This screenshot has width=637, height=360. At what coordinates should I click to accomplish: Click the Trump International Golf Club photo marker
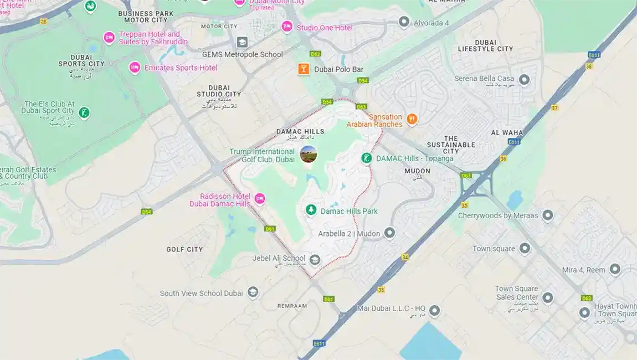click(x=309, y=155)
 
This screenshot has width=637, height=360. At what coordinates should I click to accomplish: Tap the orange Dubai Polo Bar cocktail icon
click(x=303, y=69)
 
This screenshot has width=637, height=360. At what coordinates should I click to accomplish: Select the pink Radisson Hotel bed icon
click(x=260, y=198)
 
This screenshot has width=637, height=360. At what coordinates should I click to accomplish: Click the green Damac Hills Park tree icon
click(x=311, y=210)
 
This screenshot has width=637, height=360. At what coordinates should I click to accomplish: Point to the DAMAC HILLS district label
click(x=300, y=131)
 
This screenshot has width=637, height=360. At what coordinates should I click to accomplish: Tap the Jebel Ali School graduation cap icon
click(x=315, y=259)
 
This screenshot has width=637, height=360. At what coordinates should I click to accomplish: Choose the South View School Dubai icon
click(x=253, y=292)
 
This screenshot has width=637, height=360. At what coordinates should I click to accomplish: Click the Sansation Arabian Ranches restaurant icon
click(x=412, y=119)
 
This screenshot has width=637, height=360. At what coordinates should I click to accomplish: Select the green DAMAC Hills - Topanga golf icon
click(x=366, y=158)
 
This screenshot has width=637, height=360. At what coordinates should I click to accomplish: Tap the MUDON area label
click(x=417, y=171)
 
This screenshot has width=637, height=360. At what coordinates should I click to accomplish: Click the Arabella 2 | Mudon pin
click(x=390, y=233)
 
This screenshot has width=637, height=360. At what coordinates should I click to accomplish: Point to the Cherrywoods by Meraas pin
click(x=548, y=215)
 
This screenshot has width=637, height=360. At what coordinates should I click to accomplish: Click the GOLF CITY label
click(x=184, y=249)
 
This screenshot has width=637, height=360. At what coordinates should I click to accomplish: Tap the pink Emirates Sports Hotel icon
click(x=135, y=68)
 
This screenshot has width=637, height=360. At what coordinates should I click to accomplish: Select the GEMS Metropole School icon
click(x=242, y=42)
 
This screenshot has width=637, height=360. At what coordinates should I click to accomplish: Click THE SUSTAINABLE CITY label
click(x=451, y=145)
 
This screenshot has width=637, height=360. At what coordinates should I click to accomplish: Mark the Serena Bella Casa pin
click(x=523, y=79)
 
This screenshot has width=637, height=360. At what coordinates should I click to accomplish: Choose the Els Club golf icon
click(x=84, y=113)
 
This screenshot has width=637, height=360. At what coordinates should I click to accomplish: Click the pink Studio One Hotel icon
click(x=287, y=27)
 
